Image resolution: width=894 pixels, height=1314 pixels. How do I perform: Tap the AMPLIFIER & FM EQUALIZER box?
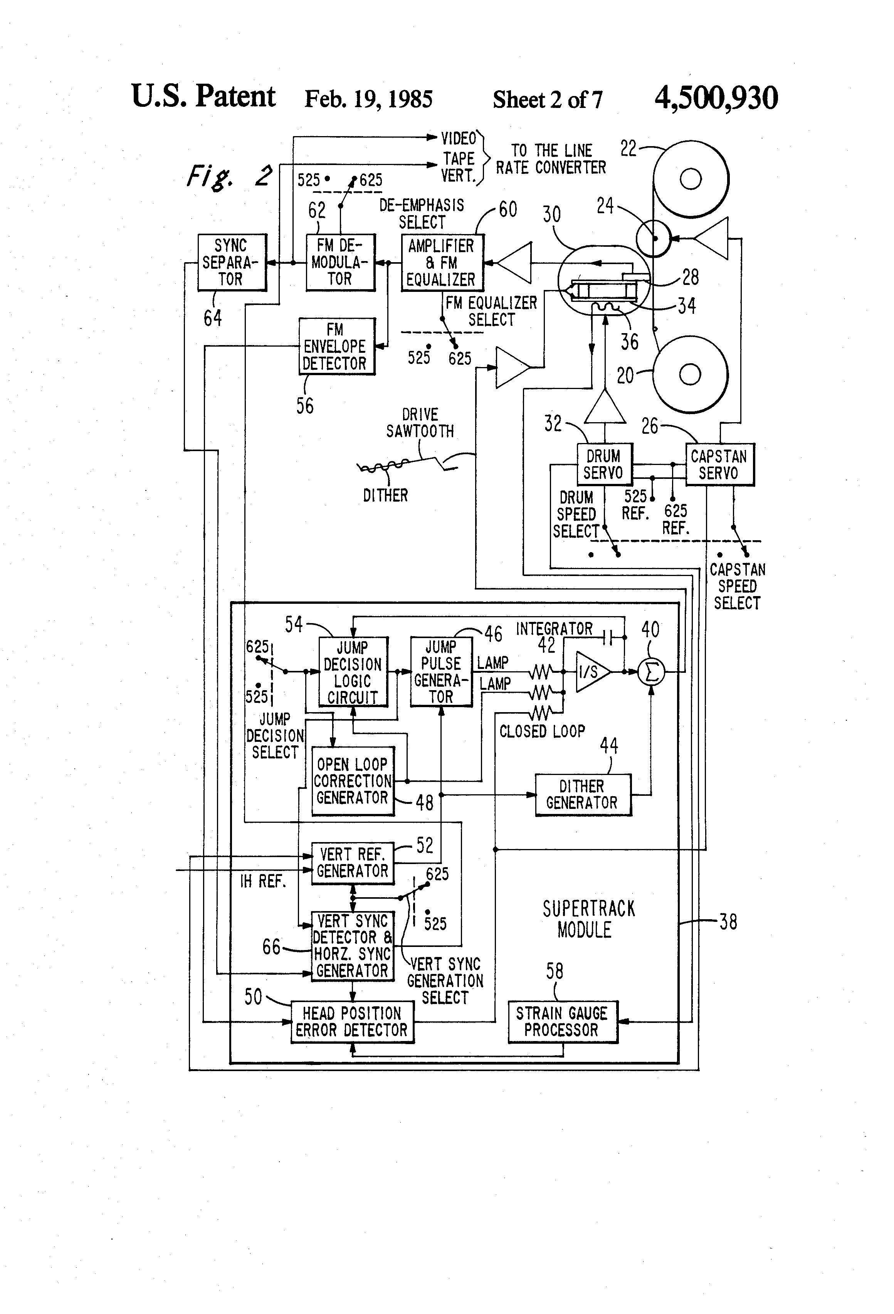442,263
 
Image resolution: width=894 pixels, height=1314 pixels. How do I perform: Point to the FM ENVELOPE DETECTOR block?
336,346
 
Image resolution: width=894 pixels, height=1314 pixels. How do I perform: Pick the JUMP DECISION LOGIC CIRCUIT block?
353,672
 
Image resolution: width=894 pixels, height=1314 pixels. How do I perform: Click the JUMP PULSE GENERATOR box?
441,672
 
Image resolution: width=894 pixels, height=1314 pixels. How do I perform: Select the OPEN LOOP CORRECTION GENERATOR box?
353,781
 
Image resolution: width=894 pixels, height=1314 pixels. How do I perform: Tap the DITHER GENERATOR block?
583,794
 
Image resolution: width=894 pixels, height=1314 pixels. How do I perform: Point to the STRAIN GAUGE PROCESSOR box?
562,1022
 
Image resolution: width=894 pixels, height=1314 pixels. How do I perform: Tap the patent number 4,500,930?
716,98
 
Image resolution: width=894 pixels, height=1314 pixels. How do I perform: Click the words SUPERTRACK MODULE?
588,919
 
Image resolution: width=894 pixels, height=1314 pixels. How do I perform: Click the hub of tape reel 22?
690,179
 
